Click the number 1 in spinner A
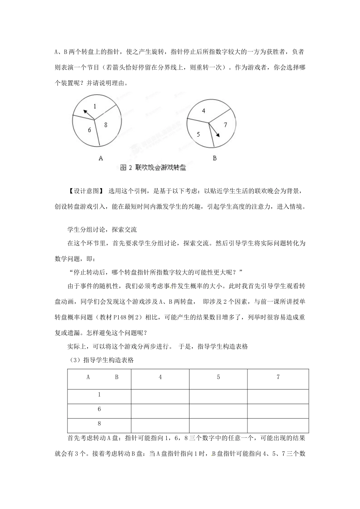click(x=95, y=106)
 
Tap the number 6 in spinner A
click(x=89, y=130)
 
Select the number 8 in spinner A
click(x=106, y=125)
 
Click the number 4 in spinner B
click(x=203, y=111)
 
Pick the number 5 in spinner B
click(x=199, y=134)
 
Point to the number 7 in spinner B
click(x=225, y=125)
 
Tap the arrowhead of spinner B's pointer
click(x=218, y=135)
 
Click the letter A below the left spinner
click(x=101, y=158)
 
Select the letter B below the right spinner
click(x=214, y=158)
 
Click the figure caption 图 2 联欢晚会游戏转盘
click(x=153, y=168)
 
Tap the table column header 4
click(x=160, y=377)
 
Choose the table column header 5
click(x=218, y=377)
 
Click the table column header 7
click(x=278, y=377)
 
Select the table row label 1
click(x=99, y=395)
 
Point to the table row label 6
click(x=99, y=409)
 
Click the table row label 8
click(x=99, y=424)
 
